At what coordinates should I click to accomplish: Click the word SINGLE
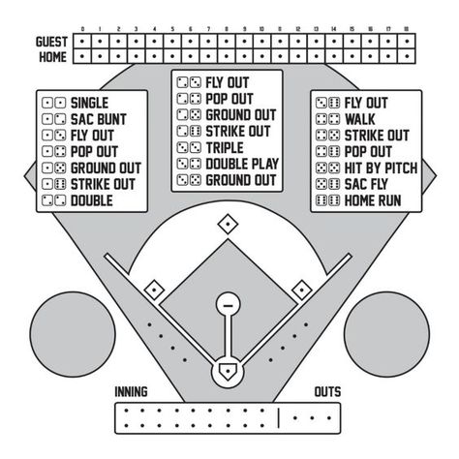pyautogui.click(x=89, y=103)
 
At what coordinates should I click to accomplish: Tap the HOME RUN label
pyautogui.click(x=373, y=200)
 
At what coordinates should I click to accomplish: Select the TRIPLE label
pyautogui.click(x=225, y=148)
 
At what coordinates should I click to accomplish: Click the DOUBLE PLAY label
pyautogui.click(x=242, y=164)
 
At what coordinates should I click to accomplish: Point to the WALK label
pyautogui.click(x=360, y=119)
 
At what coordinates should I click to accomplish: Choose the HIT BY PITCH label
pyautogui.click(x=381, y=168)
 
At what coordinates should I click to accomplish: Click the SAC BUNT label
pyautogui.click(x=99, y=119)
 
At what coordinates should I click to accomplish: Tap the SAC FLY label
pyautogui.click(x=366, y=184)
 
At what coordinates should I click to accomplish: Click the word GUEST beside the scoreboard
pyautogui.click(x=51, y=42)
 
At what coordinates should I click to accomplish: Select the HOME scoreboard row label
pyautogui.click(x=53, y=57)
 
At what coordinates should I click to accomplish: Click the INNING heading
pyautogui.click(x=131, y=392)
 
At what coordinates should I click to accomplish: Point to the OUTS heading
pyautogui.click(x=327, y=392)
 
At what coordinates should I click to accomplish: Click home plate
pyautogui.click(x=228, y=372)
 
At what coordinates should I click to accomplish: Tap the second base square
pyautogui.click(x=228, y=224)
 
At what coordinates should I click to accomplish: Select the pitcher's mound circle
pyautogui.click(x=228, y=304)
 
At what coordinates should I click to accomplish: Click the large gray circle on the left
pyautogui.click(x=73, y=334)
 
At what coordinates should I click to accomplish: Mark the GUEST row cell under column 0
pyautogui.click(x=82, y=42)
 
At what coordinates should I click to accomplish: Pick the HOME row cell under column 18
pyautogui.click(x=407, y=56)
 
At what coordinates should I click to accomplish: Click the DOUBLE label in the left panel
pyautogui.click(x=92, y=200)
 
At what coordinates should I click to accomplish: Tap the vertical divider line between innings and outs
pyautogui.click(x=279, y=417)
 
